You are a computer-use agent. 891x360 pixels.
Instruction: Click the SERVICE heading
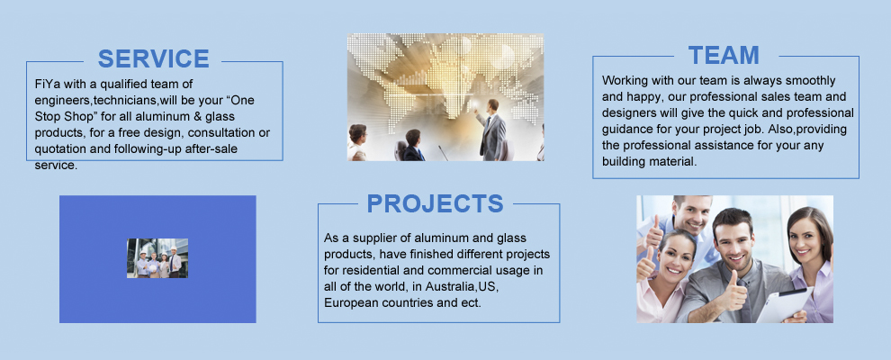[153, 58]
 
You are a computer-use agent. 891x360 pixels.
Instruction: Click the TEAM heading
[724, 55]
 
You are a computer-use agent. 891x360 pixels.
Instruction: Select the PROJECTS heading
[435, 203]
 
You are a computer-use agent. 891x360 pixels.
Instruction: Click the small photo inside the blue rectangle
[157, 258]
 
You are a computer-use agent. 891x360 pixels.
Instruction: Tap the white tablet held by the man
[785, 304]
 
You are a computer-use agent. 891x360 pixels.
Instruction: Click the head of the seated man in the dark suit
[413, 138]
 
